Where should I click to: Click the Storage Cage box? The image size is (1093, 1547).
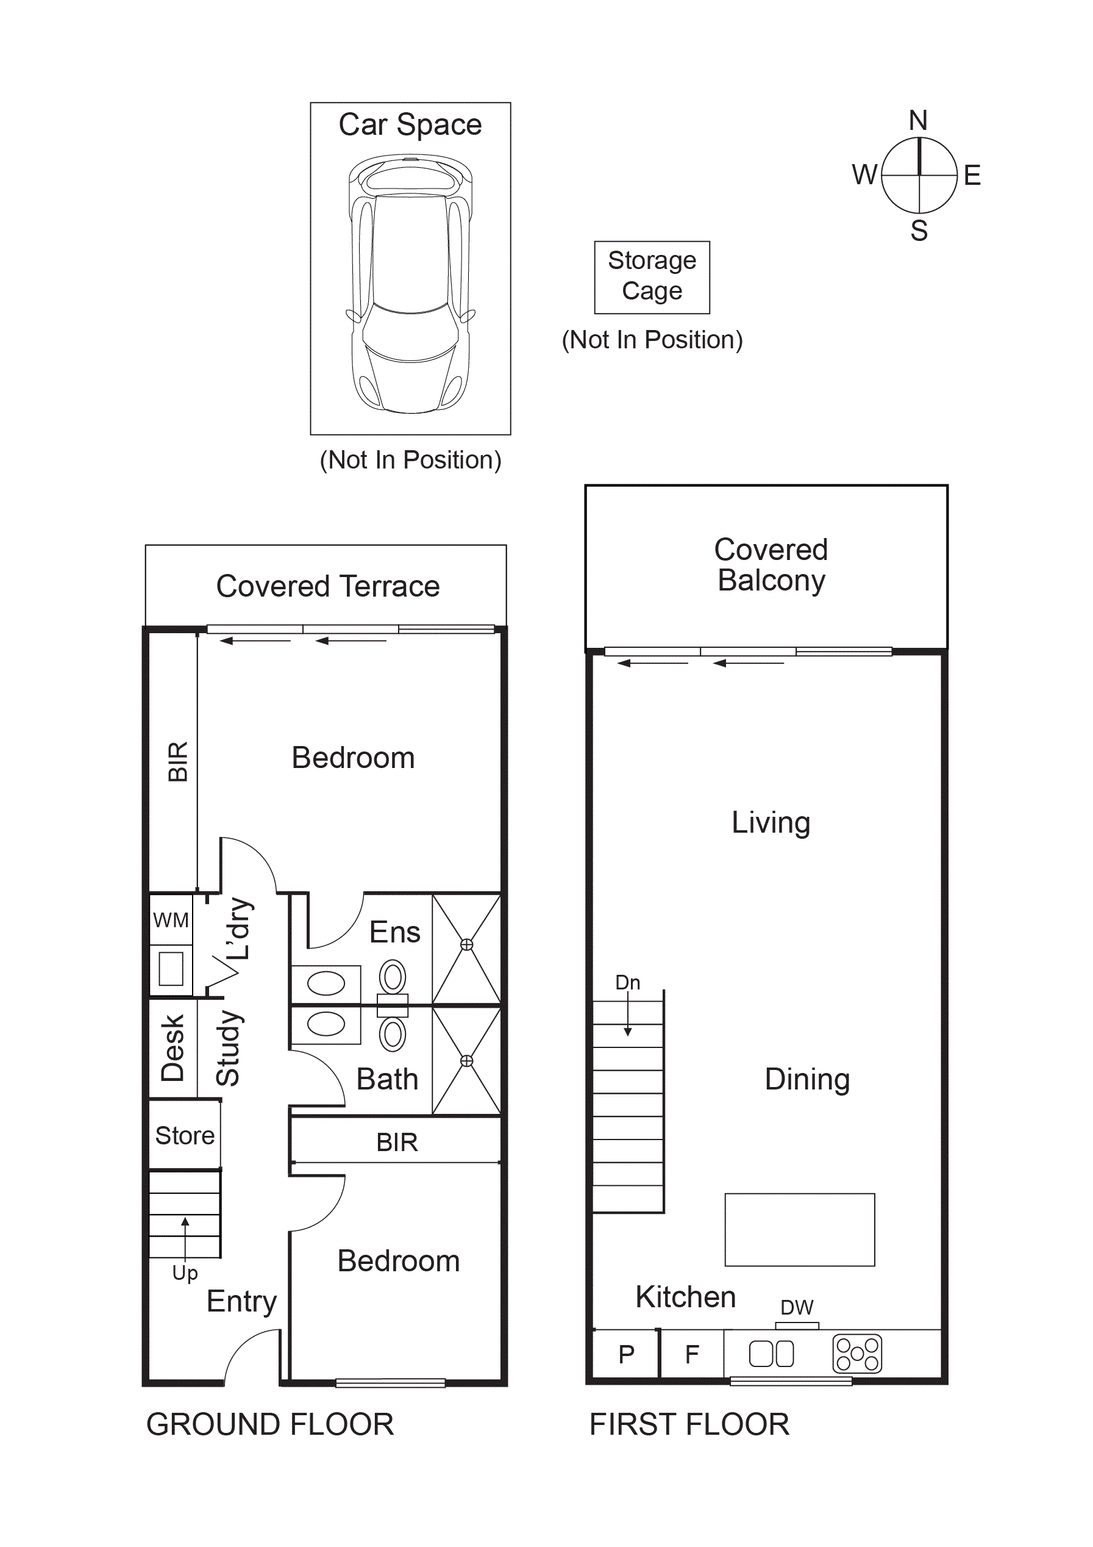651,277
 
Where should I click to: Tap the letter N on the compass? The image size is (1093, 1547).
918,121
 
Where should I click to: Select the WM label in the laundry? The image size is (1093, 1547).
171,920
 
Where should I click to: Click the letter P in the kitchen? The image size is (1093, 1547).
626,1354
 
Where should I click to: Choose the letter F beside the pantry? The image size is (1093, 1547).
692,1354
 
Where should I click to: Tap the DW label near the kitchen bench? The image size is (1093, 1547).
797,1307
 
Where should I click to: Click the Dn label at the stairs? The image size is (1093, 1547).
628,982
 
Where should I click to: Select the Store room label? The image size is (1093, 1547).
185,1135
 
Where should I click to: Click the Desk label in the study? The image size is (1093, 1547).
173,1048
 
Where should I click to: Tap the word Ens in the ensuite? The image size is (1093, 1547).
394,933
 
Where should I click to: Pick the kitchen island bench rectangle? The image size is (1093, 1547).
799,1230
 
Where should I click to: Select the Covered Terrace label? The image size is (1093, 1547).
327,586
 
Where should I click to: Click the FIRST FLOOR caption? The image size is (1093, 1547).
689,1424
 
